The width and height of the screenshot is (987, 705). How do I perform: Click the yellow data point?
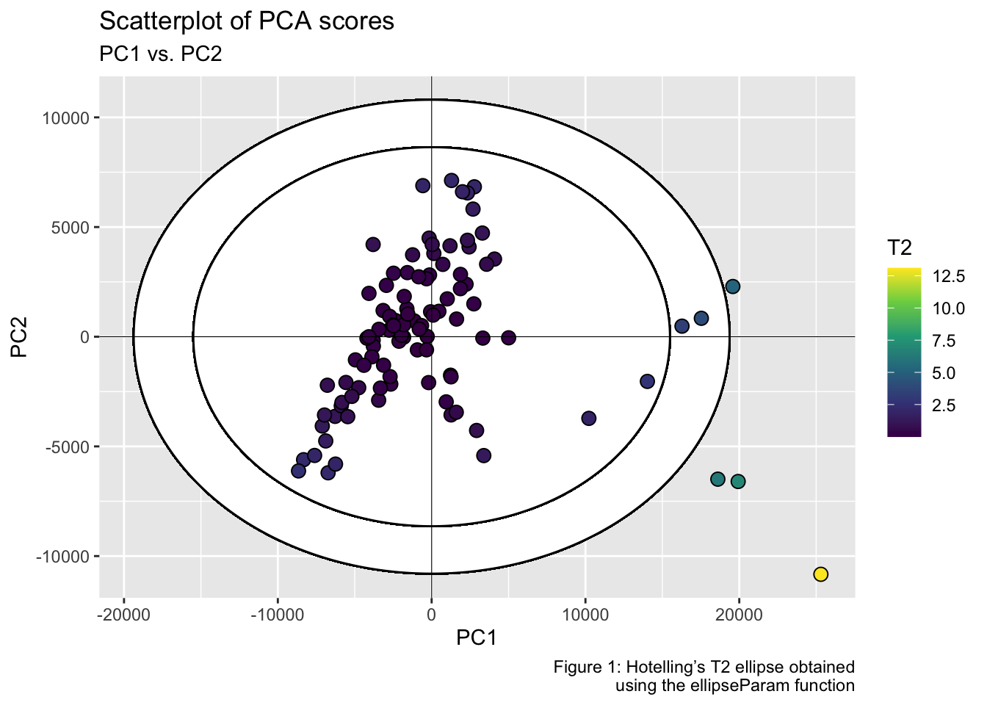point(821,574)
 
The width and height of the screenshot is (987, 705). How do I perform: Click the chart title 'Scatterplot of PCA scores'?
point(247,21)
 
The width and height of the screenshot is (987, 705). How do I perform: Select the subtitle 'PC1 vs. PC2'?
point(160,54)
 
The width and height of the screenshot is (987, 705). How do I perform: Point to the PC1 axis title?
point(477,637)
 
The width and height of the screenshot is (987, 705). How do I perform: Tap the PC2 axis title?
point(20,337)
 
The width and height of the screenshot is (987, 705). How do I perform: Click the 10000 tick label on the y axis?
point(65,118)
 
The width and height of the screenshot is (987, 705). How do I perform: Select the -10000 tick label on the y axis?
point(62,557)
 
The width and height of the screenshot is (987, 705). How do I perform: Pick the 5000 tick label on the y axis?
point(68,228)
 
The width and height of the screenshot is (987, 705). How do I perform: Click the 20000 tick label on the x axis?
point(738,613)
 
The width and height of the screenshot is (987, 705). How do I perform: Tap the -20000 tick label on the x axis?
point(123,613)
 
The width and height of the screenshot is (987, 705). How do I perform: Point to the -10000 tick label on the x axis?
point(277,613)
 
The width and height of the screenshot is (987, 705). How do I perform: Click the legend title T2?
point(900,248)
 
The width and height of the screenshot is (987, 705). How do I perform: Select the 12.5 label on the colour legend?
point(949,276)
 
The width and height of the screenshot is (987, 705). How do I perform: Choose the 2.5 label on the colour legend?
point(944,405)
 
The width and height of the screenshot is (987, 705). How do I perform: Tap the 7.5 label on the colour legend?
point(944,341)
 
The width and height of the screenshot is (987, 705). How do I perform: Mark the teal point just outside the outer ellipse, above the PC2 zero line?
point(732,286)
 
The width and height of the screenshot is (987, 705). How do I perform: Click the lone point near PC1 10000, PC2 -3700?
point(588,419)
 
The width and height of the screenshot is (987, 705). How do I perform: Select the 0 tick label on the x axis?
point(431,613)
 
